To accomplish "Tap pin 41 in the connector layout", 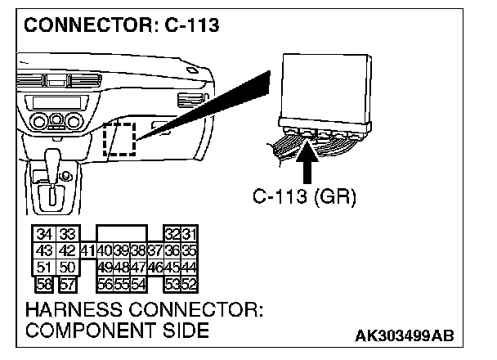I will click(x=87, y=251).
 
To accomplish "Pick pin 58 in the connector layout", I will click(x=45, y=285).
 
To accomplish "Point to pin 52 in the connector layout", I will click(x=190, y=284).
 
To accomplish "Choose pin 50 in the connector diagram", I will click(x=68, y=268).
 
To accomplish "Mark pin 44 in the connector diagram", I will click(x=190, y=268).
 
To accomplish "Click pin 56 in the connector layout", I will click(x=104, y=284).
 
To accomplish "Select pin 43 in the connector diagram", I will click(x=45, y=251).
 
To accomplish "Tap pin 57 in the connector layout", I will click(x=68, y=285).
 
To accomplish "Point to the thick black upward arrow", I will click(x=308, y=160).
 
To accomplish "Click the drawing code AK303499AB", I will click(x=405, y=336).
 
